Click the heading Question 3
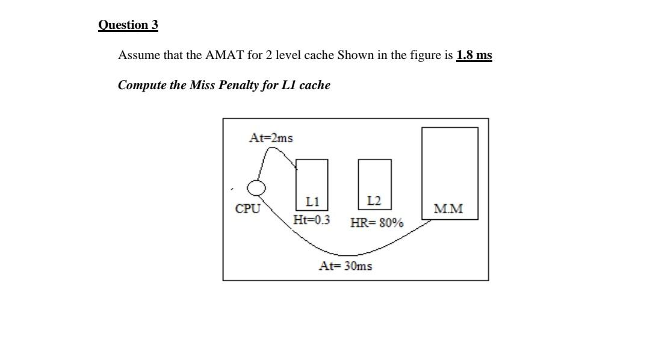[128, 25]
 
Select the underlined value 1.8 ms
[474, 55]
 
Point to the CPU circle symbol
[257, 188]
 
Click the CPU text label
[248, 209]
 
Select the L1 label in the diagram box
[312, 201]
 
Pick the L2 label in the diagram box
[374, 201]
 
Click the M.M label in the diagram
[449, 209]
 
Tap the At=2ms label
[271, 138]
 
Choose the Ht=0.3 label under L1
[311, 220]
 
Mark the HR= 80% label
[377, 223]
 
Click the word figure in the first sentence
[425, 55]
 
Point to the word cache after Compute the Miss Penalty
[315, 85]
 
